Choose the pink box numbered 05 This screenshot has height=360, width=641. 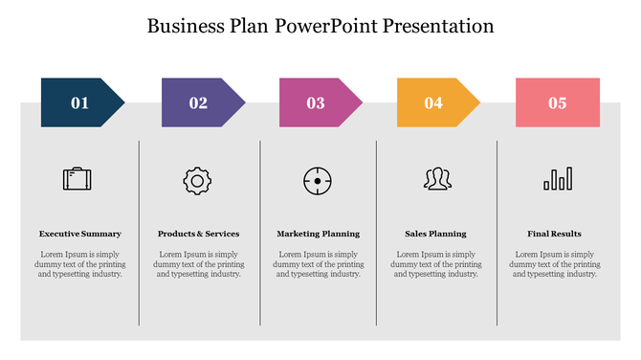558,102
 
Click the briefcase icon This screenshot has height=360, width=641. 77,178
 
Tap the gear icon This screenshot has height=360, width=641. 197,179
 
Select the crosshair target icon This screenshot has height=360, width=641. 318,179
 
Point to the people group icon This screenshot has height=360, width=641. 437,178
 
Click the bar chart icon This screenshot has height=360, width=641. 558,179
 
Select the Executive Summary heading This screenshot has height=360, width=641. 80,234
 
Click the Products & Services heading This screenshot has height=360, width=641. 199,234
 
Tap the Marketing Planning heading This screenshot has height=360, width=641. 319,234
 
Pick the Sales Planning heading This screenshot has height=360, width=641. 435,234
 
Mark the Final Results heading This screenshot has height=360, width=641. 555,234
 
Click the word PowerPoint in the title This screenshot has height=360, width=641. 326,26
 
